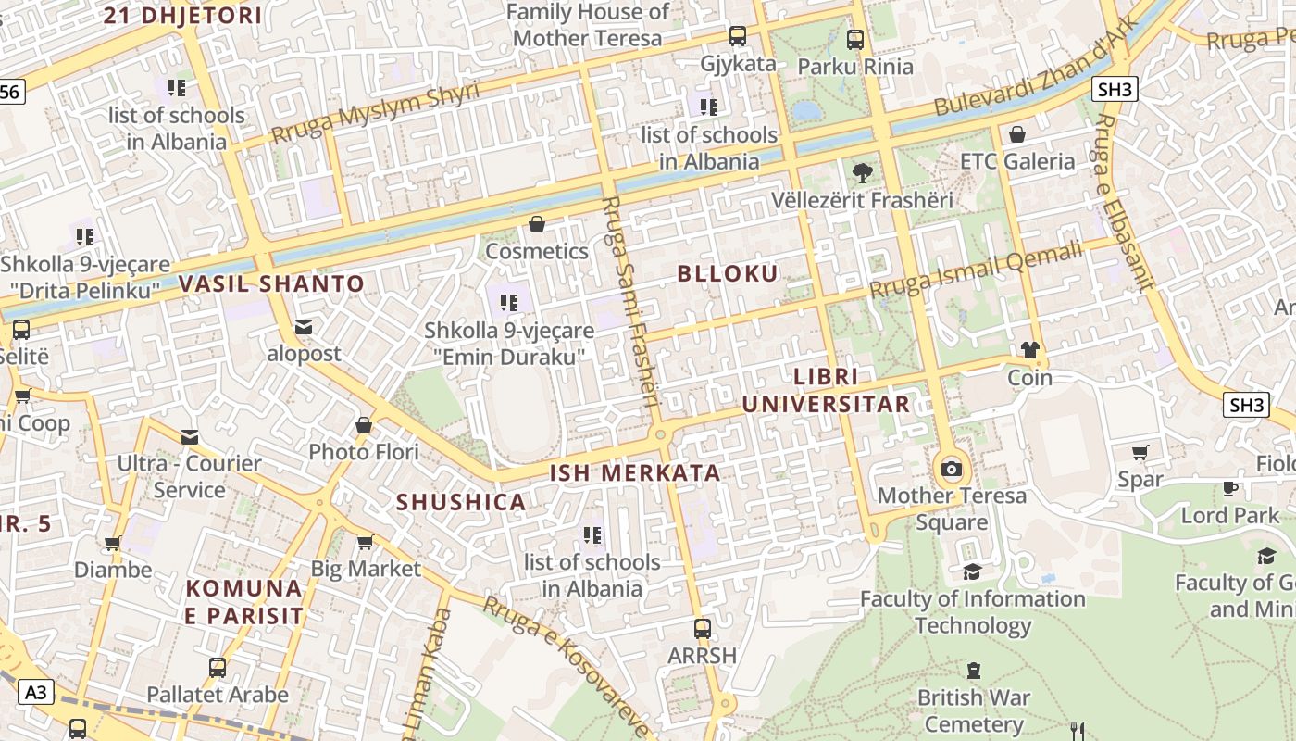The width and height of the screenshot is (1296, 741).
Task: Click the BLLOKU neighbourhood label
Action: (x=728, y=273)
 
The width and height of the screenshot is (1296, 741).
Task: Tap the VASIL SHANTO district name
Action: (x=271, y=283)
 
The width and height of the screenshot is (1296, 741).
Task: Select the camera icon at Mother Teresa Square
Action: (x=951, y=469)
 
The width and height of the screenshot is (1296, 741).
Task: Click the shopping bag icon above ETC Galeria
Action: (x=1017, y=134)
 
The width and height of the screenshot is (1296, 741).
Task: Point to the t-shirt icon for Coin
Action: (x=1029, y=350)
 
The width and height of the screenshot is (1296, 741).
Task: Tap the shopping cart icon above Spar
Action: (x=1140, y=453)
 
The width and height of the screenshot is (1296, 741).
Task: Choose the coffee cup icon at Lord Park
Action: (x=1229, y=488)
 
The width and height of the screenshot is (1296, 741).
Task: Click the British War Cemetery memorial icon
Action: (x=973, y=670)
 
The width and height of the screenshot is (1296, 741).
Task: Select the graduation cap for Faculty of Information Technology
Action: (x=971, y=571)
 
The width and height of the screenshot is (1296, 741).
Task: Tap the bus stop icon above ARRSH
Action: (x=703, y=628)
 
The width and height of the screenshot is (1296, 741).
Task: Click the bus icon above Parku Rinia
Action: (x=854, y=40)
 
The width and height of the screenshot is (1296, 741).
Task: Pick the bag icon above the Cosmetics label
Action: (x=536, y=224)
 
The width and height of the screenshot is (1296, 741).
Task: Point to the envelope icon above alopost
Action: (x=303, y=327)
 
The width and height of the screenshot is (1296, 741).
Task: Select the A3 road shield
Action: (x=35, y=691)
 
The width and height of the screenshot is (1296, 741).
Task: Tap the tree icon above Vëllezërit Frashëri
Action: (x=862, y=172)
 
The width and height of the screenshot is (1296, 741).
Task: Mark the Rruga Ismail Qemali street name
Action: (x=976, y=270)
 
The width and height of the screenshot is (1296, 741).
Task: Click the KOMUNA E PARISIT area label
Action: (x=244, y=602)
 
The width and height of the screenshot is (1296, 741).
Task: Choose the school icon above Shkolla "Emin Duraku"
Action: (x=507, y=302)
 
